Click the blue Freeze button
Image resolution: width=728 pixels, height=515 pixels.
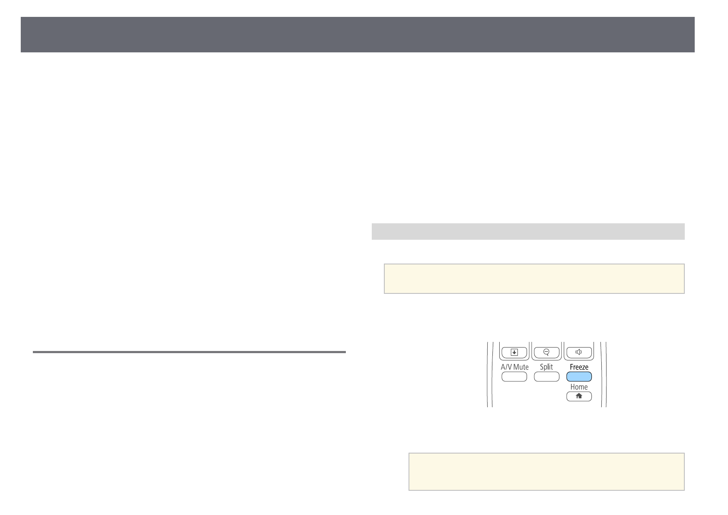point(579,377)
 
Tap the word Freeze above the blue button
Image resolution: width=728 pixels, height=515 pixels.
point(579,367)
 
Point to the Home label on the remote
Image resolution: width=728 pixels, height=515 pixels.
point(579,387)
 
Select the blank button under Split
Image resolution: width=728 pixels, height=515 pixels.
point(546,377)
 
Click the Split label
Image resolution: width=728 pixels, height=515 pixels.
point(546,367)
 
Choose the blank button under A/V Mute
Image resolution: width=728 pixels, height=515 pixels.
point(514,377)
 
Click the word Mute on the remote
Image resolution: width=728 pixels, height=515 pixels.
point(521,367)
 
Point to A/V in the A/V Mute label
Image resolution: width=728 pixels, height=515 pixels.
point(506,367)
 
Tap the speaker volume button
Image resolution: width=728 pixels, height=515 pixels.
point(578,352)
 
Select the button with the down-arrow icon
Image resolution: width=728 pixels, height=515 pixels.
point(514,352)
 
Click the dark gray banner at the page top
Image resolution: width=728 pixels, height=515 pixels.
point(358,35)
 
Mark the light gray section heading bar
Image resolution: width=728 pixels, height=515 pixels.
point(528,231)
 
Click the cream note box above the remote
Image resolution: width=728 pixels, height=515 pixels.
point(534,279)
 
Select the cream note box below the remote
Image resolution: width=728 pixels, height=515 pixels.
point(546,471)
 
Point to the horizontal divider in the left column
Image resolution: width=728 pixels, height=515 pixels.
point(189,352)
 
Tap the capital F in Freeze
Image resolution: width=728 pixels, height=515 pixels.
point(572,367)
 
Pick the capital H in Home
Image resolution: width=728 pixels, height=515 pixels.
point(572,387)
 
